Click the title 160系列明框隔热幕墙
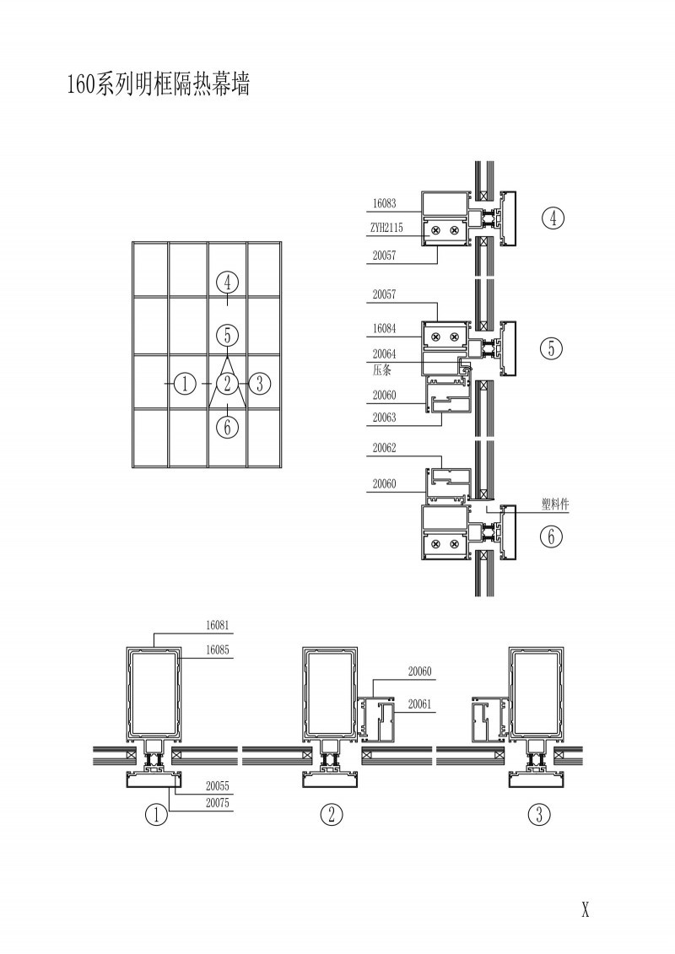coord(159,84)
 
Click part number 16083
coord(384,204)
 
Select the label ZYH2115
coord(386,228)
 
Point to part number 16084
coord(384,329)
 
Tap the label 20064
coord(384,353)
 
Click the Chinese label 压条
coord(381,369)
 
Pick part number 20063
coord(384,418)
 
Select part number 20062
coord(384,448)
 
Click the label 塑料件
coord(555,504)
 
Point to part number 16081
coord(218,625)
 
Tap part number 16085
coord(218,649)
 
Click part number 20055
coord(218,786)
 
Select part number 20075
coord(218,803)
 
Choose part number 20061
coord(419,704)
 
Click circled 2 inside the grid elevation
coord(228,383)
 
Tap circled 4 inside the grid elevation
coord(228,283)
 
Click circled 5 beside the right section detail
coord(552,348)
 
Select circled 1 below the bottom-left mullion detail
coord(156,814)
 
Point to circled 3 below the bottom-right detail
coord(539,814)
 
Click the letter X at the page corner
coord(586,910)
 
